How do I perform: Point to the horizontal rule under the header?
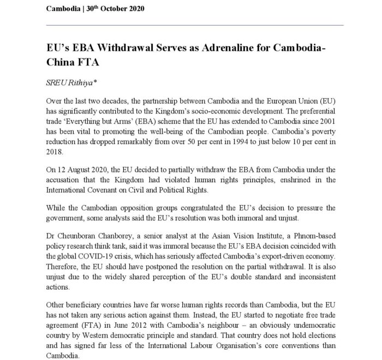coord(194,25)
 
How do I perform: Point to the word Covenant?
coord(105,190)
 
